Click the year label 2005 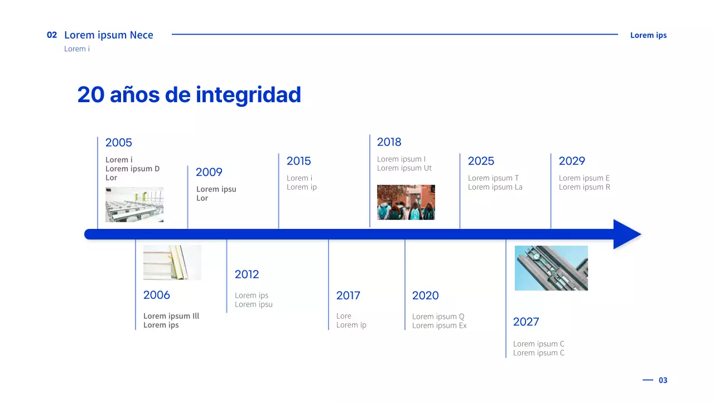click(x=119, y=143)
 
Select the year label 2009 click(x=209, y=173)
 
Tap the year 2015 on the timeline click(x=299, y=161)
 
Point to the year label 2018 click(x=389, y=142)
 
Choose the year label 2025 click(x=481, y=161)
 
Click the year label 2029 click(x=572, y=161)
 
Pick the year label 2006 click(x=157, y=295)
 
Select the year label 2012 click(x=247, y=275)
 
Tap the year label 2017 click(x=348, y=296)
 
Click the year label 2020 click(x=426, y=296)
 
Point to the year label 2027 click(x=526, y=322)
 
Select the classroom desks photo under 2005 click(x=134, y=204)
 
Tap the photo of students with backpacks click(x=406, y=202)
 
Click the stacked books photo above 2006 click(x=172, y=262)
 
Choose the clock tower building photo click(x=551, y=268)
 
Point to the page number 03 click(x=663, y=380)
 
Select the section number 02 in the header click(x=52, y=35)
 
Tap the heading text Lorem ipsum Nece click(x=109, y=35)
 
